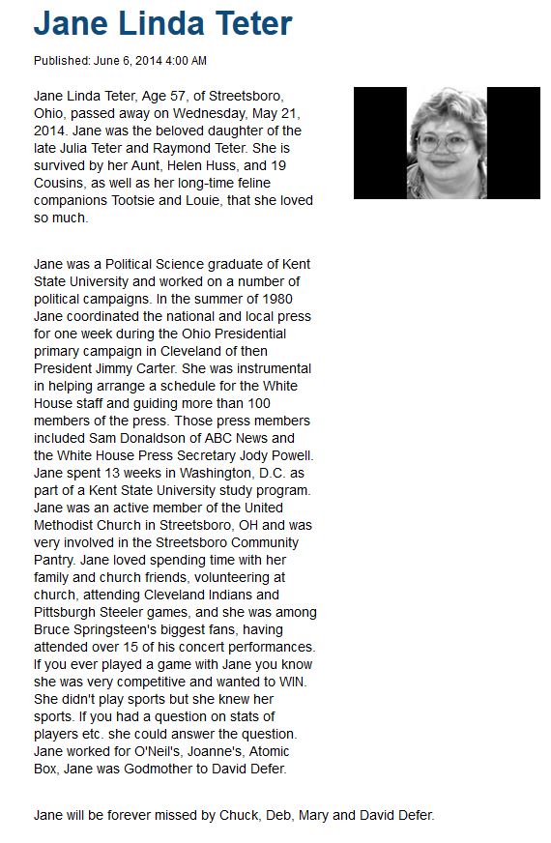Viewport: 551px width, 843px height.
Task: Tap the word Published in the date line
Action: [x=62, y=61]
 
